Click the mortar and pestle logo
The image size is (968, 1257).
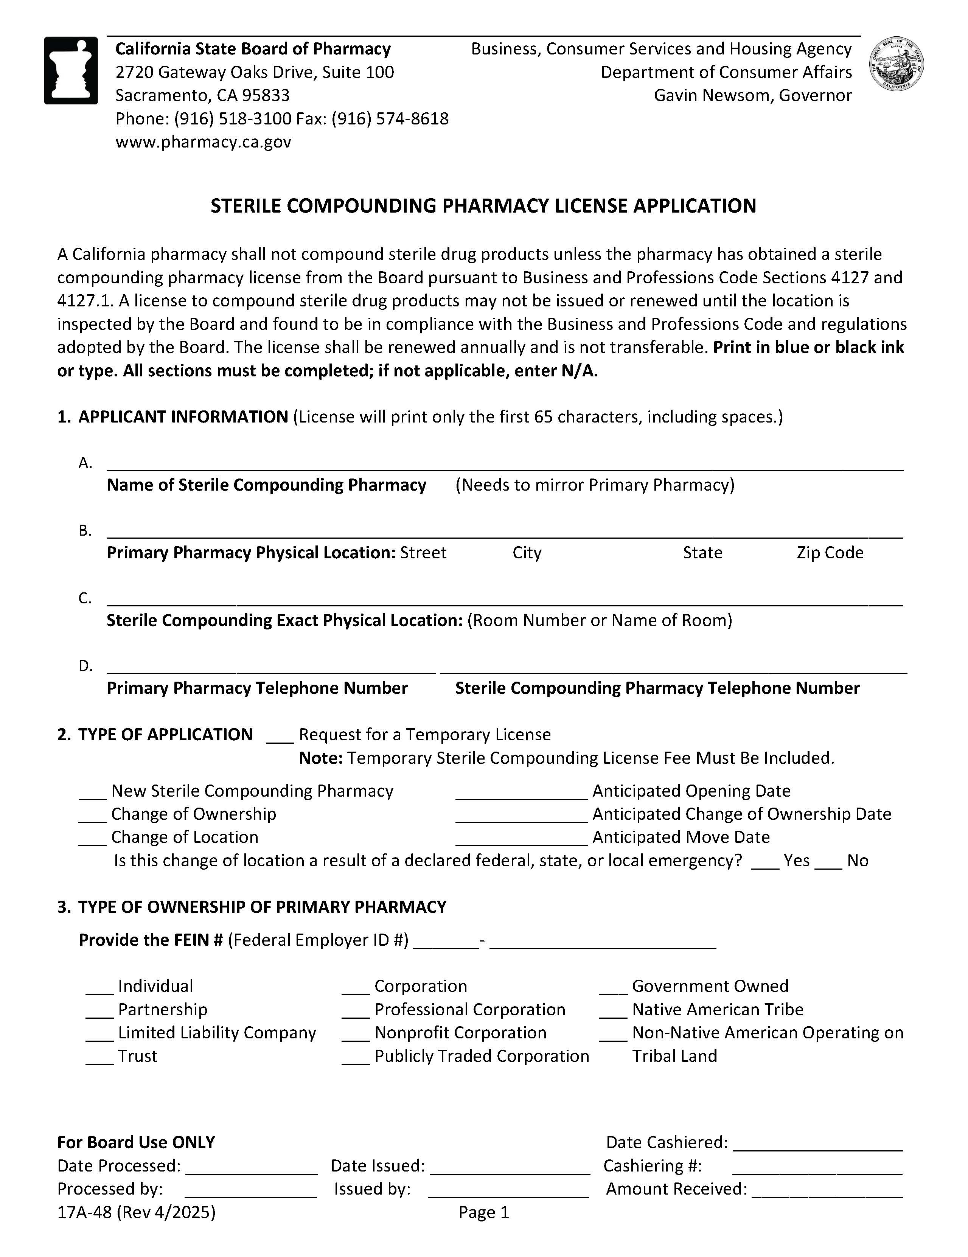(71, 70)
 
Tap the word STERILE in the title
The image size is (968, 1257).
(246, 206)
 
